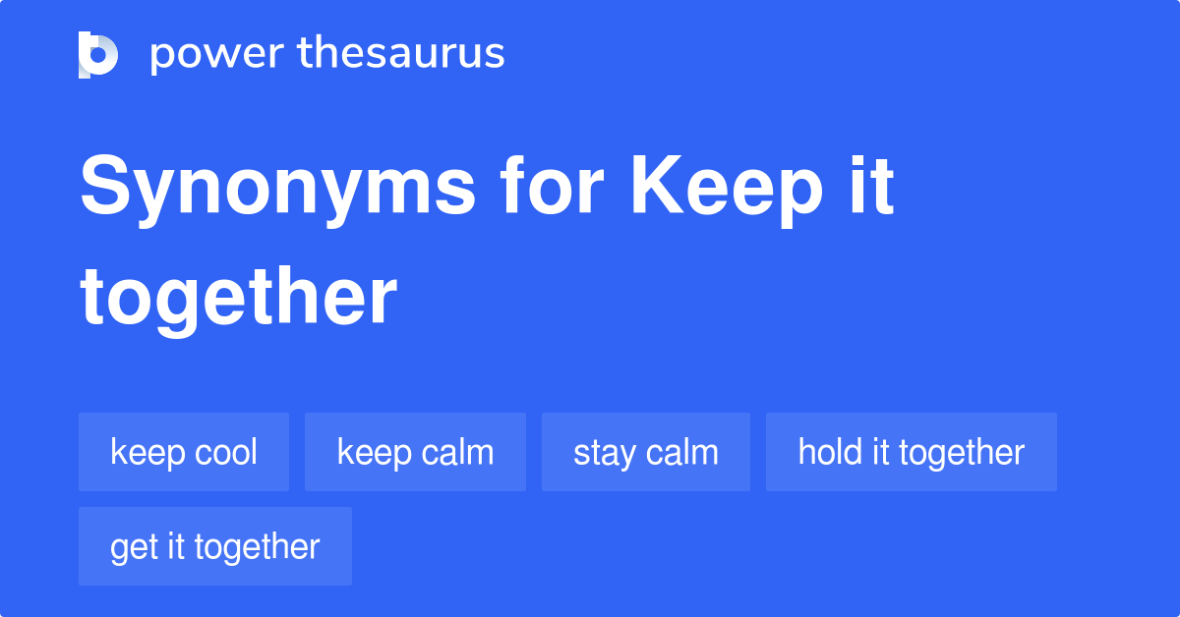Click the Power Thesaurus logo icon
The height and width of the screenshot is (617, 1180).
tap(98, 54)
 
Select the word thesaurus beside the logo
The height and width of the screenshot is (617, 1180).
tap(401, 54)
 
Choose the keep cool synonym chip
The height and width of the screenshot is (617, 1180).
tap(184, 452)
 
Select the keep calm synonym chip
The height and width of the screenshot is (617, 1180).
tap(415, 452)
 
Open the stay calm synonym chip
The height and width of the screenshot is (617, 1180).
tap(646, 452)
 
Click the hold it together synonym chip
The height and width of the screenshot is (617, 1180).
tap(912, 452)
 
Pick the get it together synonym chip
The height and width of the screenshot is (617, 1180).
tap(215, 546)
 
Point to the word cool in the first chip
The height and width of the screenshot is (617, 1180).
tap(225, 452)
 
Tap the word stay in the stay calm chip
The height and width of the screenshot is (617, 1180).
tap(602, 454)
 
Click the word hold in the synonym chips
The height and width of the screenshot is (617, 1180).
tap(823, 452)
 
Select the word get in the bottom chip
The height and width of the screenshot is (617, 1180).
tap(131, 548)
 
